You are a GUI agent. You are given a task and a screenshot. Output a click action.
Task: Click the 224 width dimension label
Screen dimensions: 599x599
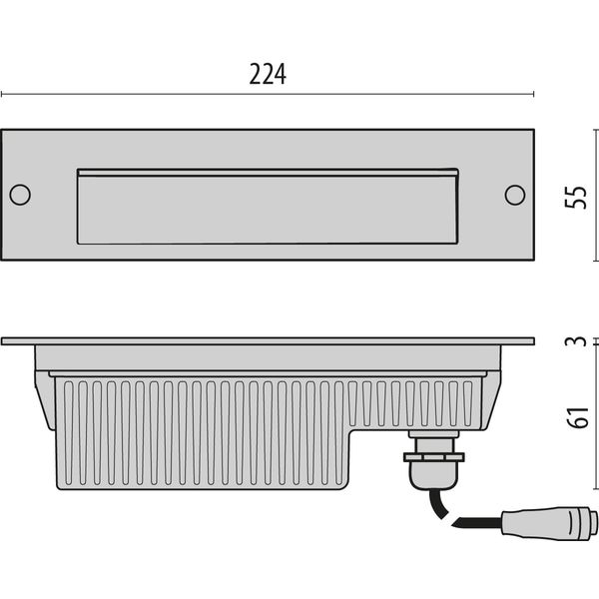(x=268, y=73)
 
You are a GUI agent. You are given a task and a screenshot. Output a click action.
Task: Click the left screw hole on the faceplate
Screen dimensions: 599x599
(x=20, y=195)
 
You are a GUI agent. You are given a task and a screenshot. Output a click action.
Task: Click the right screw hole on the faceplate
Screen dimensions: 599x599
(x=515, y=195)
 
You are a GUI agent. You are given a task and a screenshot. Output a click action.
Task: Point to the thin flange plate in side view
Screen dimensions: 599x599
(x=268, y=341)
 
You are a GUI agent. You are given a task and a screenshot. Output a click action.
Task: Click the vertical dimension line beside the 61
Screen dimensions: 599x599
(x=597, y=419)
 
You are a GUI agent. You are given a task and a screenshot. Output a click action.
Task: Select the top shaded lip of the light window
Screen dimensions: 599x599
(x=268, y=173)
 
